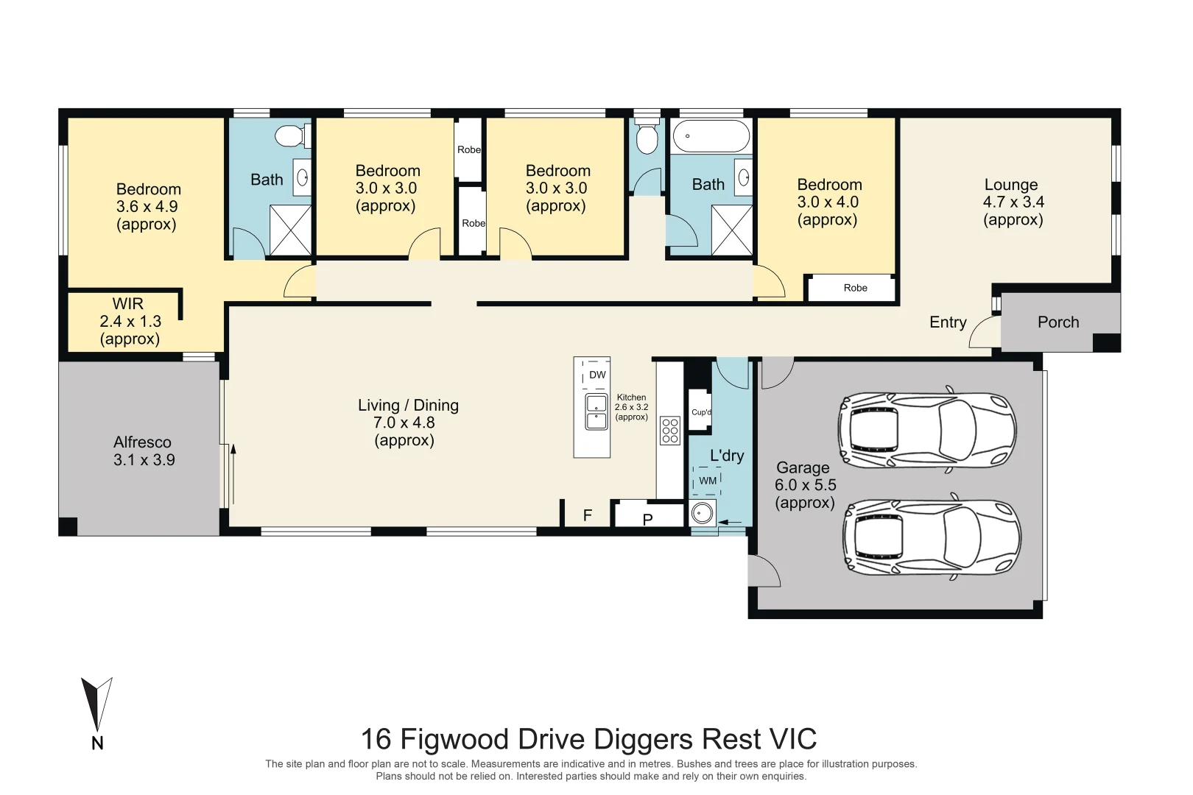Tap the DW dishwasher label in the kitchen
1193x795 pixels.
pos(597,375)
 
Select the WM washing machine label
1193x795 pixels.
pos(707,481)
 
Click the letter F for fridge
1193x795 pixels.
pos(587,515)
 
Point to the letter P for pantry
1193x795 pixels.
pos(647,519)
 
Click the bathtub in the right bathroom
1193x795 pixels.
pos(711,136)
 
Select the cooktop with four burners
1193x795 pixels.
pos(669,431)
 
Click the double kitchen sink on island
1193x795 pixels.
pos(596,412)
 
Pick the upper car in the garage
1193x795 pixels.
pos(926,428)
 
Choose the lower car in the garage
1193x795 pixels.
pos(932,538)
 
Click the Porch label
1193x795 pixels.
pos(1057,322)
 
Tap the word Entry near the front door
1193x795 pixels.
pos(947,322)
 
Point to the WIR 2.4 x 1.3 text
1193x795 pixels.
pos(130,321)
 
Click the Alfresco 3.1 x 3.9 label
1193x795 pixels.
pos(143,451)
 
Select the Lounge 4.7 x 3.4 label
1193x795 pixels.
pos(1013,202)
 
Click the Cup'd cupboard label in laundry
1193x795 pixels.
pos(700,412)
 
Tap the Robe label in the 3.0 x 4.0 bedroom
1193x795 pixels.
pos(855,288)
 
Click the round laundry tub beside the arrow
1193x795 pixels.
pos(703,512)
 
